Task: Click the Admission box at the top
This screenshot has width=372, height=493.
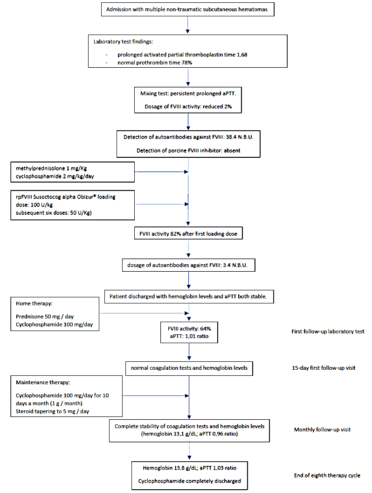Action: pyautogui.click(x=187, y=9)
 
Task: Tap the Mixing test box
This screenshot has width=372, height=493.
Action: pyautogui.click(x=187, y=99)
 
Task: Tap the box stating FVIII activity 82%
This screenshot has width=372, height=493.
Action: pyautogui.click(x=187, y=234)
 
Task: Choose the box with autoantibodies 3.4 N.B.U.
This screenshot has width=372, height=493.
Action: pyautogui.click(x=187, y=266)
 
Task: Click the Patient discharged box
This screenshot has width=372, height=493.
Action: pyautogui.click(x=188, y=296)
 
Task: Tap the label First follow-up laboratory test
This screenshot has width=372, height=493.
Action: pyautogui.click(x=328, y=331)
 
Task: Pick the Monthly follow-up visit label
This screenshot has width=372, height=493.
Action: pyautogui.click(x=322, y=430)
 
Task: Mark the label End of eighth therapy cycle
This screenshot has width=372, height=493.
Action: pyautogui.click(x=327, y=475)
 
